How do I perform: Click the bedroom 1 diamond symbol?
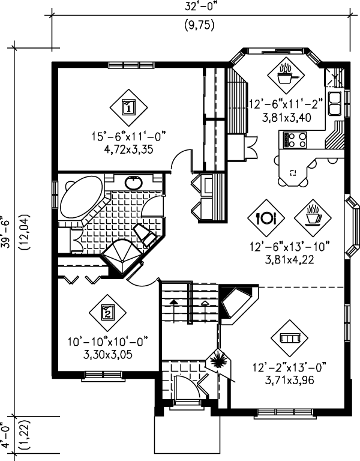[x=129, y=107]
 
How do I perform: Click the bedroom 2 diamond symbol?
[x=107, y=313]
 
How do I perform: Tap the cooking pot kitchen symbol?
[x=286, y=75]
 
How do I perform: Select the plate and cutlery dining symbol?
[x=266, y=218]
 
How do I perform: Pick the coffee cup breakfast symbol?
[x=313, y=218]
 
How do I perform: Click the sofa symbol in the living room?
[x=289, y=338]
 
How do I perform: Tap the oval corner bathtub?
[x=81, y=196]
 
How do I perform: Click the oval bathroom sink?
[x=134, y=183]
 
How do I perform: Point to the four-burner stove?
[x=295, y=140]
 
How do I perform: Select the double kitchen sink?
[x=334, y=103]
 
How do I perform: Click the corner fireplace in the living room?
[x=238, y=304]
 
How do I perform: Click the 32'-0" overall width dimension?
[x=202, y=7]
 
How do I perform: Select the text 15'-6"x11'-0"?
[x=129, y=137]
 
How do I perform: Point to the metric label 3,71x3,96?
[x=289, y=381]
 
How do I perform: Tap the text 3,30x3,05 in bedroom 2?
[x=108, y=355]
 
